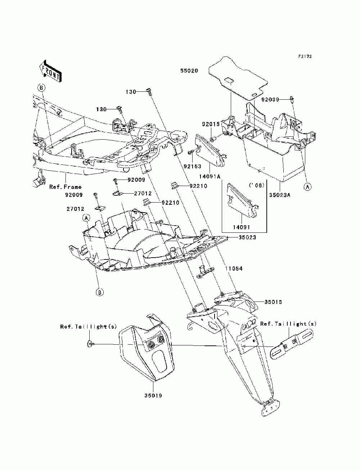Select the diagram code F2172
point(305,56)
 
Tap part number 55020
point(189,71)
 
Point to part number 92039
point(270,100)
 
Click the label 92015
point(211,124)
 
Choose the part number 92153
point(193,166)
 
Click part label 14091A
point(210,176)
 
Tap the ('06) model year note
point(257,185)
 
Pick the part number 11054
point(234,268)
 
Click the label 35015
point(273,302)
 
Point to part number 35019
point(153,395)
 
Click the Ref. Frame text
point(66,187)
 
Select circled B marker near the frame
point(41,87)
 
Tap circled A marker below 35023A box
point(307,187)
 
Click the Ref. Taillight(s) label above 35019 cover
point(89,327)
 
